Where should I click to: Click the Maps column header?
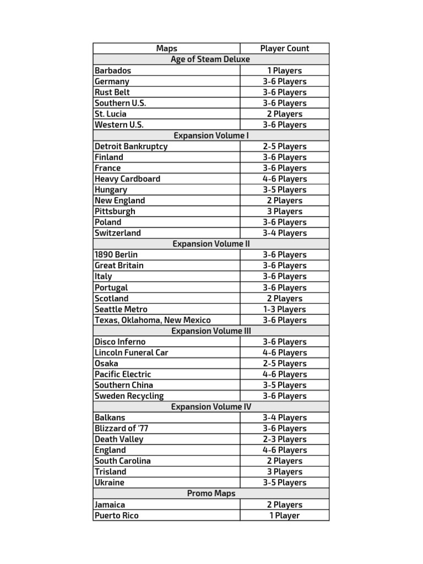166,48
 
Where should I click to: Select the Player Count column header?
285,48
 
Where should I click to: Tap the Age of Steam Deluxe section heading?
210,59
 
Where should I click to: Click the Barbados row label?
113,70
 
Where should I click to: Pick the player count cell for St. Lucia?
285,114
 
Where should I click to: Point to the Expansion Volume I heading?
210,135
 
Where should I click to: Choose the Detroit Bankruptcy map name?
131,147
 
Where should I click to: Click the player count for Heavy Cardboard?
285,179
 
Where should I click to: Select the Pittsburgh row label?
115,211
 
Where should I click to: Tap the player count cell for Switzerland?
285,233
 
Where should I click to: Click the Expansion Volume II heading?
210,244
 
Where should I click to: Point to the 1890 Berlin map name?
116,255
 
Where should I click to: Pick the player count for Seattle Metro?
285,310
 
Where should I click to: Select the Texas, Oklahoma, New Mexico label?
153,320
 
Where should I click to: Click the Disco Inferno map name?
120,342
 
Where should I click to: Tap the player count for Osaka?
285,364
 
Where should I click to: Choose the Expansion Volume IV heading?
210,407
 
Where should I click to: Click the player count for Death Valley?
285,440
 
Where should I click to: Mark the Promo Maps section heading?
210,493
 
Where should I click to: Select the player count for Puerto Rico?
285,516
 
